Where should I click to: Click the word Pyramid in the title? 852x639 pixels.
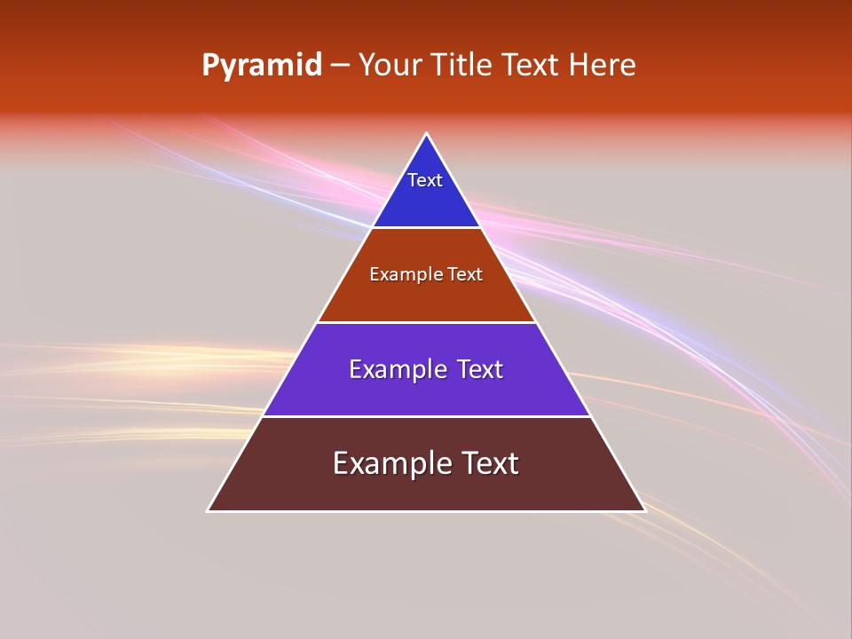click(x=261, y=66)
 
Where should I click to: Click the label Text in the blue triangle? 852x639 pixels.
click(x=425, y=180)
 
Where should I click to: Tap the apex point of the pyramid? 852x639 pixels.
click(x=427, y=134)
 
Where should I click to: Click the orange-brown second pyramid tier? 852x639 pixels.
click(x=426, y=297)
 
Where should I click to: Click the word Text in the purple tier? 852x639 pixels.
click(x=475, y=369)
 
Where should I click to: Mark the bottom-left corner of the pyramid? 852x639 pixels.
click(x=209, y=510)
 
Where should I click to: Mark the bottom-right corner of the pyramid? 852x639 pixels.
click(x=644, y=510)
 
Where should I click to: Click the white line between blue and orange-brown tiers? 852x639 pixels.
click(x=426, y=227)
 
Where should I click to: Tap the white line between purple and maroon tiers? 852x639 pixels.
click(x=426, y=416)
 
